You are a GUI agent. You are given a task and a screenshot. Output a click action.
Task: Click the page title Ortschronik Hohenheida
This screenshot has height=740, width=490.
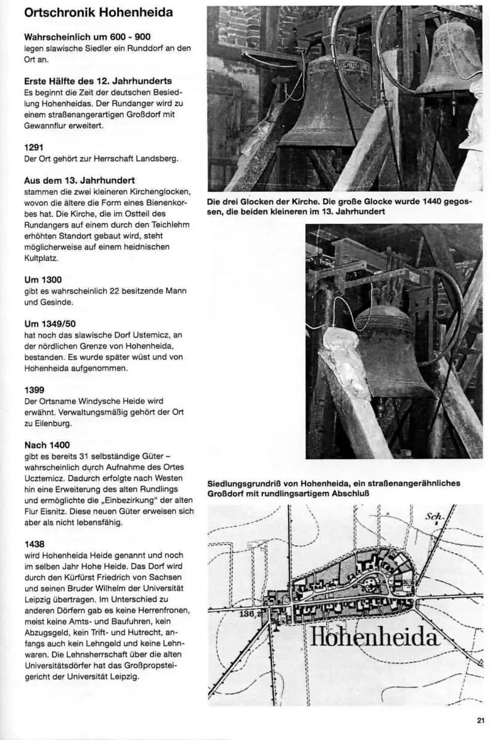[x=99, y=13]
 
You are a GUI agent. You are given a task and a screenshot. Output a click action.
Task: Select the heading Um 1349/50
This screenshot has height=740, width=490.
[x=51, y=324]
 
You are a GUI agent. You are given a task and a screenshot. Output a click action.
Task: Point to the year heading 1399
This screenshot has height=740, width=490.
[x=34, y=390]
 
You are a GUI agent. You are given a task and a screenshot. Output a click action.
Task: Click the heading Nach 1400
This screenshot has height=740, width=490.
[x=47, y=445]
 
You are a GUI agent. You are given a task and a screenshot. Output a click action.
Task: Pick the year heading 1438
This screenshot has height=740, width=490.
[x=34, y=544]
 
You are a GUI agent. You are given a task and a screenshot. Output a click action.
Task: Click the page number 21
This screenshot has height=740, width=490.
[x=480, y=720]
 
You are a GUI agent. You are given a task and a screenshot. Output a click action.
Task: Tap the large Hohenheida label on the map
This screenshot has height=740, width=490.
[x=374, y=636]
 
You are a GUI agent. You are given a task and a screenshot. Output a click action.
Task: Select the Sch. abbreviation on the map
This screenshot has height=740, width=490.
[x=434, y=516]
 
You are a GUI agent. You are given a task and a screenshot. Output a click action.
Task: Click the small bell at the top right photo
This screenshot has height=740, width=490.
[x=449, y=59]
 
